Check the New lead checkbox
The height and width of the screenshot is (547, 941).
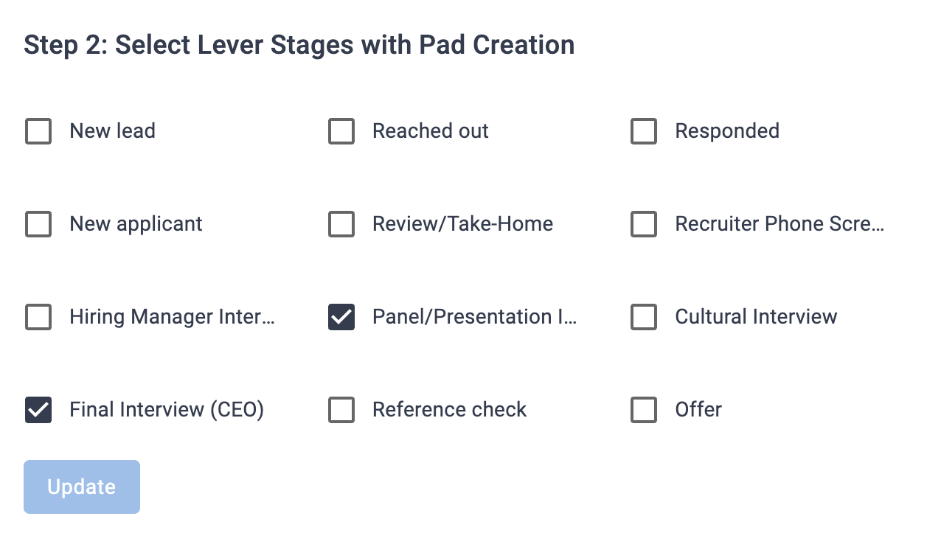[x=38, y=131]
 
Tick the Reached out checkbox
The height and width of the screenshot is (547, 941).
[x=341, y=131]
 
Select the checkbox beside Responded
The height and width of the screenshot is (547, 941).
[x=644, y=131]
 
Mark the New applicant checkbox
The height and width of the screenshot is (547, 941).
[x=38, y=224]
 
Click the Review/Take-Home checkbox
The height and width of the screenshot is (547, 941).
[x=341, y=224]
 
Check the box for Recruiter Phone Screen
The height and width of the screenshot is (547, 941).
[x=644, y=224]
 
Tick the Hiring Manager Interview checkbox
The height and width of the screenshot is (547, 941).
[x=38, y=317]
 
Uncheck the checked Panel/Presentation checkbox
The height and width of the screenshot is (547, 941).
[x=341, y=317]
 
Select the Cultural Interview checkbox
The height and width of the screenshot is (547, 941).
[x=644, y=317]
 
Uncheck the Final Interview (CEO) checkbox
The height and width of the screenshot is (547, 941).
[x=38, y=410]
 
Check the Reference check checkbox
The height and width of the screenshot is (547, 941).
[x=341, y=410]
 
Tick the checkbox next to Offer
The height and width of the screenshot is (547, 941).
[x=644, y=410]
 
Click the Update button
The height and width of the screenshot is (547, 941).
[x=82, y=487]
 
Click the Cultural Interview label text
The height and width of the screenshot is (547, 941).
[x=756, y=317]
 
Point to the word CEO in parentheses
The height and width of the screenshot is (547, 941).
[x=236, y=410]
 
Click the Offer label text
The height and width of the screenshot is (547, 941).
[x=698, y=410]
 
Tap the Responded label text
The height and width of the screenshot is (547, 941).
[x=727, y=131]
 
